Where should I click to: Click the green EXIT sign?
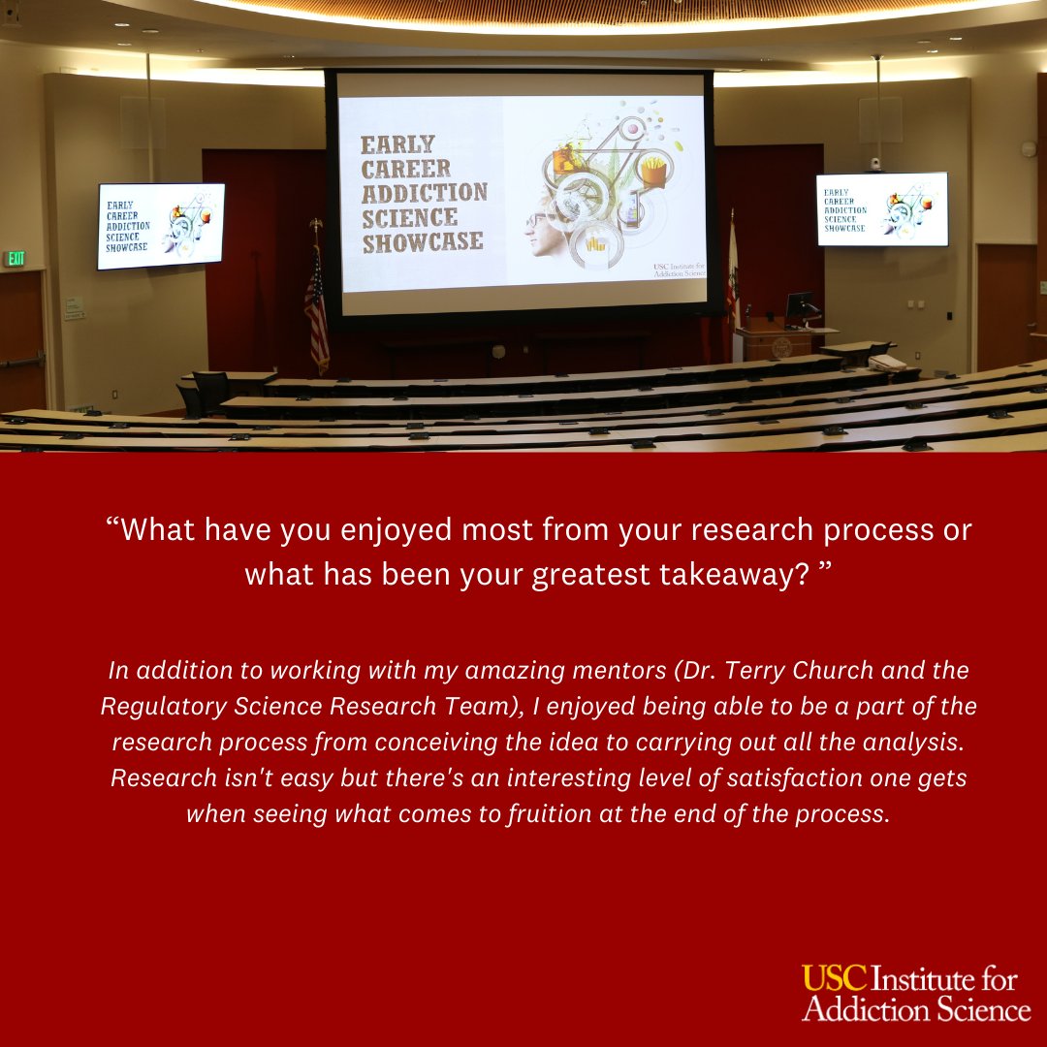[x=15, y=259]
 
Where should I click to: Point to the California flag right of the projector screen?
[x=732, y=276]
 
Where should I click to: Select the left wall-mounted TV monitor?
[x=161, y=225]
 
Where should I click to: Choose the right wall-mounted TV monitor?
[x=881, y=208]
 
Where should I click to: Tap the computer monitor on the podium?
[x=801, y=305]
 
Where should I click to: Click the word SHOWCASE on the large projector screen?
[x=423, y=240]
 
